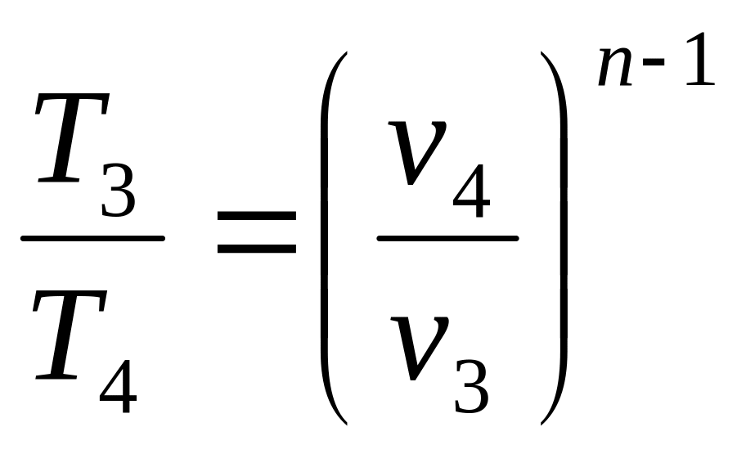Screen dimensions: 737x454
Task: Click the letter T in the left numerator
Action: click(x=70, y=137)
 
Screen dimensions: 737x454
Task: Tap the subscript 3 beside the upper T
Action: click(x=118, y=190)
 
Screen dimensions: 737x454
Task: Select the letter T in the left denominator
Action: click(x=69, y=334)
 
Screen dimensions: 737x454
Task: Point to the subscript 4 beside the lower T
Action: click(x=118, y=386)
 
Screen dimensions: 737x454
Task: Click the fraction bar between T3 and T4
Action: click(x=92, y=238)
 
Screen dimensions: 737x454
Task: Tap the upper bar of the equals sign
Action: click(x=257, y=216)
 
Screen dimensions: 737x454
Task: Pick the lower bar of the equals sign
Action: click(x=257, y=248)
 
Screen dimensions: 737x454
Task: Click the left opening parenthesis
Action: click(x=324, y=238)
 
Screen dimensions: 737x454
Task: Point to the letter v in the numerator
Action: click(x=417, y=152)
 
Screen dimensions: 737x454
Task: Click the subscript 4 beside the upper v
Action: click(x=471, y=191)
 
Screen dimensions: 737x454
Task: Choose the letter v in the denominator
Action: click(x=419, y=348)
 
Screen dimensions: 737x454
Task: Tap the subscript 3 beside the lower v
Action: click(x=471, y=387)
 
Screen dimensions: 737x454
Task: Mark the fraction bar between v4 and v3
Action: click(x=447, y=238)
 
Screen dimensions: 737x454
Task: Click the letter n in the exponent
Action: click(x=615, y=66)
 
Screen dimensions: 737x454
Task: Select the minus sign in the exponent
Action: click(x=654, y=61)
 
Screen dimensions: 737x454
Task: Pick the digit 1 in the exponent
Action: click(x=700, y=59)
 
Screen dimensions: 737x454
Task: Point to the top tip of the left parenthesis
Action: click(x=346, y=52)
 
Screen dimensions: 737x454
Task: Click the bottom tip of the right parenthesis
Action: click(x=542, y=424)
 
